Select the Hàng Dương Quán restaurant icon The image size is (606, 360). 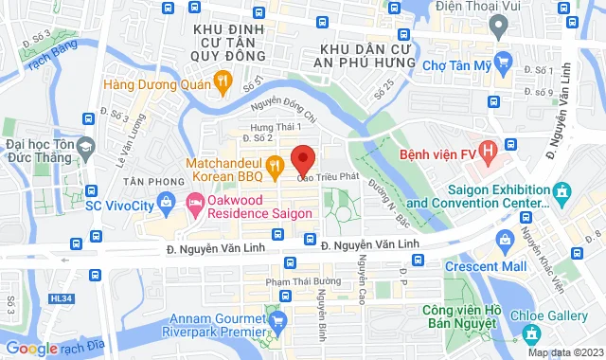tap(222, 82)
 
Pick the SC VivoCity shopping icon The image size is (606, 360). tap(167, 201)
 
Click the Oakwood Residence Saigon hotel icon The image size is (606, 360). tap(195, 202)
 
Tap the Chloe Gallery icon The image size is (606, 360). tap(531, 333)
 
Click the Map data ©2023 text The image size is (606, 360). tap(565, 353)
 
